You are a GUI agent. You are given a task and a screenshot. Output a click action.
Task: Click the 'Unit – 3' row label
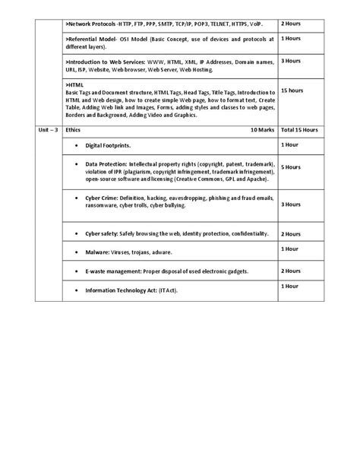coord(48,130)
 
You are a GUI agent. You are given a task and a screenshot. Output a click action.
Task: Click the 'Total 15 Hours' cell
coord(299,130)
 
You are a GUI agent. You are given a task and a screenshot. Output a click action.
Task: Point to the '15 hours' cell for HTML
coord(292,90)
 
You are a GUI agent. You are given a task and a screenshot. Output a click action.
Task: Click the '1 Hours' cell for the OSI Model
coord(291,38)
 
